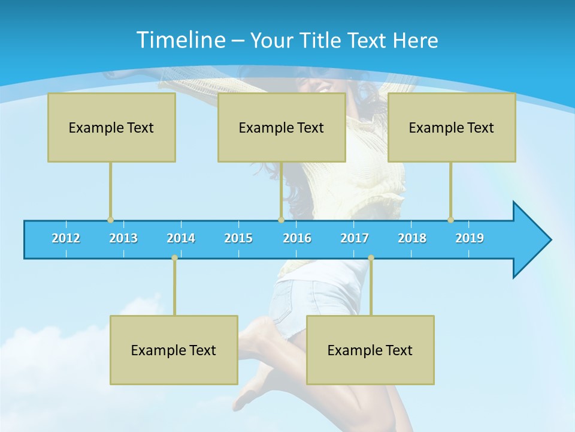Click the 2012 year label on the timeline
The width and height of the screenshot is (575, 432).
coord(66,238)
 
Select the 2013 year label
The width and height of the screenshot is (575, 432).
coord(123,238)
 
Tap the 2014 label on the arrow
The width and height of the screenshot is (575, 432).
coord(181,238)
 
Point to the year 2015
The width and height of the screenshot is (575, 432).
coord(238,238)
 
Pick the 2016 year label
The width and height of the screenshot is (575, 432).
coord(297,238)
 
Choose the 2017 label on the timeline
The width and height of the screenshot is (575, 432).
coord(355,238)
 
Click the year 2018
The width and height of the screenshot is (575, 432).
coord(412,238)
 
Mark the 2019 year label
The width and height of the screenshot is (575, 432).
coord(470,238)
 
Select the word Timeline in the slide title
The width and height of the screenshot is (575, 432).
coord(180,40)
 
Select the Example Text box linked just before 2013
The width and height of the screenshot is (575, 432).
coord(111,127)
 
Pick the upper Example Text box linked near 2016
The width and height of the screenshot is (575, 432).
coord(282,127)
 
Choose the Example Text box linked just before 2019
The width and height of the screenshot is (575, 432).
coord(452,127)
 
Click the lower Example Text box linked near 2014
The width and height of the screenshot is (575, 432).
coord(174,350)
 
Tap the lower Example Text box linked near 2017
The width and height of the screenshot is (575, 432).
coord(370,350)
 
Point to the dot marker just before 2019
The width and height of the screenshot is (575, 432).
coord(450,220)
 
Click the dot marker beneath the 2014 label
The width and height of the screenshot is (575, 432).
coord(174,258)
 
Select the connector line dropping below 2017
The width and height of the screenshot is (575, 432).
coord(371,288)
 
